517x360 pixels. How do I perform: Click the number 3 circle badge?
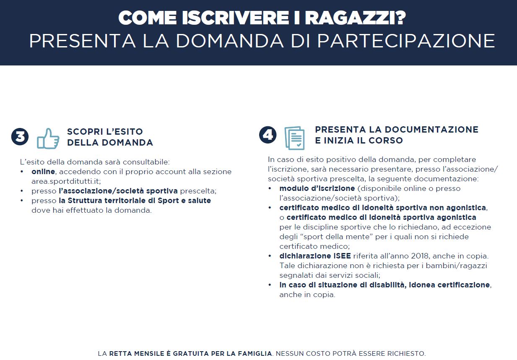[x=20, y=137]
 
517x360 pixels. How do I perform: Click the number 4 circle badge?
[x=268, y=135]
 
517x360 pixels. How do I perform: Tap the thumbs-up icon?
[x=48, y=138]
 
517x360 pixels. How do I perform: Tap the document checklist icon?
[x=294, y=138]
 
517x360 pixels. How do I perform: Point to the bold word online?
[x=43, y=172]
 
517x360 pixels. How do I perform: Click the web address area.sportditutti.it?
[x=66, y=181]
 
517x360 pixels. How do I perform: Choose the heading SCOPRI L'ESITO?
[x=105, y=132]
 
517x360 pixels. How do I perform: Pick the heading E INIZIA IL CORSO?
[x=359, y=141]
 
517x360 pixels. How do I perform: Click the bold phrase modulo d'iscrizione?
[x=317, y=188]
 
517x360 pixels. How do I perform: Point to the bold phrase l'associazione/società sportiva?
[x=118, y=191]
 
